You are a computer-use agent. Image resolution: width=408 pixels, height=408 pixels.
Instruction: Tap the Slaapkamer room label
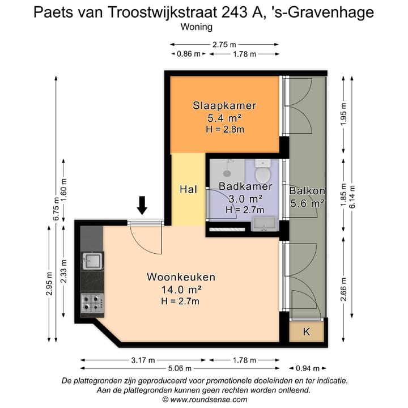click(224, 105)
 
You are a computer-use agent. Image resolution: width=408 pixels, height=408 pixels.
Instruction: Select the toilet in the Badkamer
click(263, 169)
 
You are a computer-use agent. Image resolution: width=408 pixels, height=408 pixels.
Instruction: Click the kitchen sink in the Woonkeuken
click(92, 262)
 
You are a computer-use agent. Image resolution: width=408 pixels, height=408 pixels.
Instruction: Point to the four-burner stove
click(92, 301)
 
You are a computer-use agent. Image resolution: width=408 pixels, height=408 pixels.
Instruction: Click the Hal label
click(188, 190)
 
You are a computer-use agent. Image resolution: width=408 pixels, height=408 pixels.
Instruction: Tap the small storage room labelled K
click(307, 332)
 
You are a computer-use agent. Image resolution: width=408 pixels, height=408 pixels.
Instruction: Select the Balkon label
click(307, 191)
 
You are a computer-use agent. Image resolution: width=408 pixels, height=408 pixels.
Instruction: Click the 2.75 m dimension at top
click(224, 44)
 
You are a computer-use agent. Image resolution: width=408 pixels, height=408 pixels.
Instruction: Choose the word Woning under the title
click(196, 27)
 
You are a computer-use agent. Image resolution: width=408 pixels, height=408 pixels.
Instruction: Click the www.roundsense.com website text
click(208, 399)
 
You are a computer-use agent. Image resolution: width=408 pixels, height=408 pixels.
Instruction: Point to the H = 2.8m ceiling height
click(224, 130)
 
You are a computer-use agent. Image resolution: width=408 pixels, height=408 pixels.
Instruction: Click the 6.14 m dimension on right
click(353, 197)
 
